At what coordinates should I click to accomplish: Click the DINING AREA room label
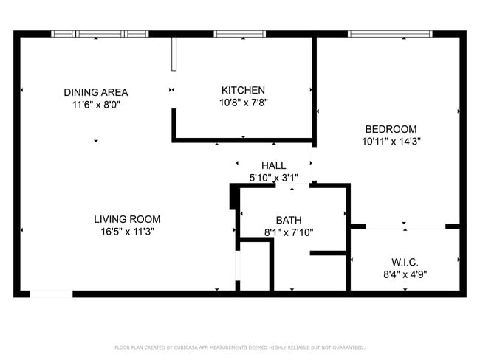(95, 92)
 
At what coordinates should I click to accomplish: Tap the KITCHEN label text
(243, 90)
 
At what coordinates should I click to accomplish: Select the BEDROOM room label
(391, 128)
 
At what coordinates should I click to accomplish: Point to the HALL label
(273, 165)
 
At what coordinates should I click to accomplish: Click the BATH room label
(289, 220)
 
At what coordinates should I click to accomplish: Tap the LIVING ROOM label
(127, 219)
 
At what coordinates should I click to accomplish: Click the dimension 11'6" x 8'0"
(95, 105)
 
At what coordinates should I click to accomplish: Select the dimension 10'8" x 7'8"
(243, 103)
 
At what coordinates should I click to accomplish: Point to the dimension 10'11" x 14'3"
(391, 141)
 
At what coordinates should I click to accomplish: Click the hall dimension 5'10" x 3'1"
(273, 178)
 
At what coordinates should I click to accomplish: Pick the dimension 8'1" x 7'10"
(289, 232)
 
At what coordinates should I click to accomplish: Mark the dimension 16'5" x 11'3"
(127, 232)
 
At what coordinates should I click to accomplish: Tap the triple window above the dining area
(100, 34)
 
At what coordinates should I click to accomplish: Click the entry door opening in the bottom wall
(51, 294)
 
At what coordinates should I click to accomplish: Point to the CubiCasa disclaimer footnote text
(239, 347)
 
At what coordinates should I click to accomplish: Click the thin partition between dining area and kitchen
(174, 53)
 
